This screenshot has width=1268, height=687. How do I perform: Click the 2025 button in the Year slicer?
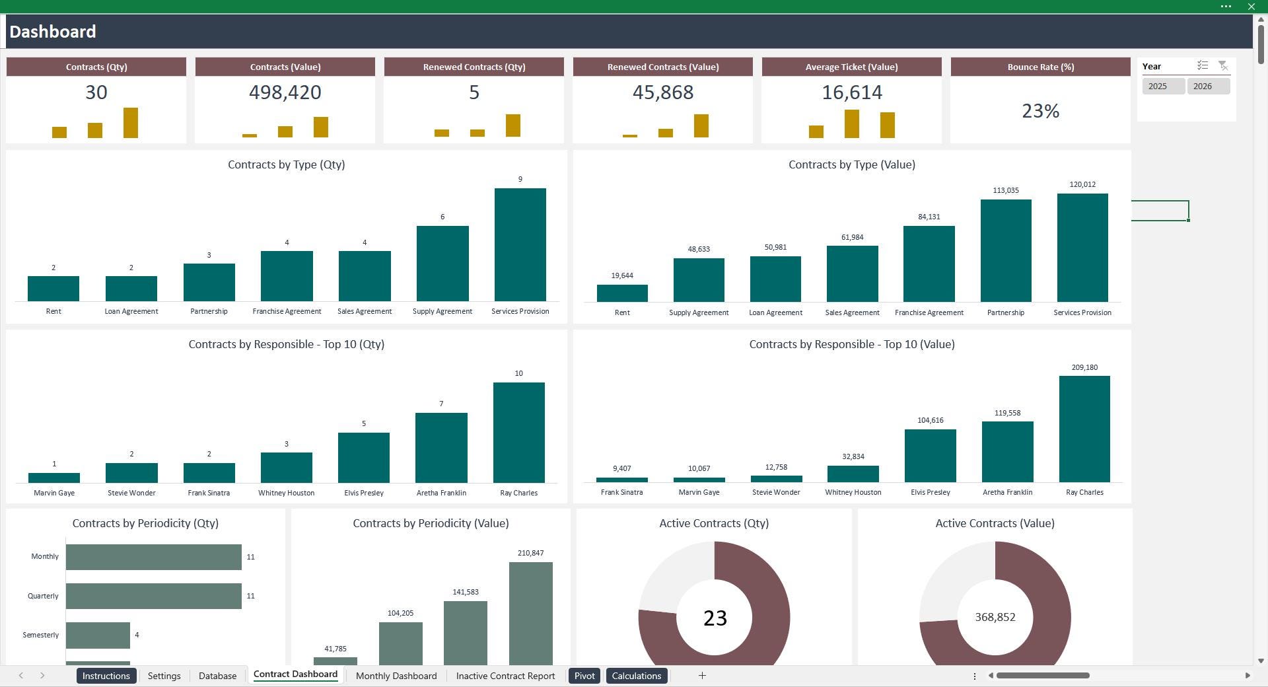(1162, 87)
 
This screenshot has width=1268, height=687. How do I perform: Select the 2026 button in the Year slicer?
(1207, 87)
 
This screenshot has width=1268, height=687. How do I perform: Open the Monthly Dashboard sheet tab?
(396, 676)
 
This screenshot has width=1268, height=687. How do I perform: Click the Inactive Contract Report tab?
(505, 676)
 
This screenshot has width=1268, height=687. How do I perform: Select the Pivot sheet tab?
(584, 676)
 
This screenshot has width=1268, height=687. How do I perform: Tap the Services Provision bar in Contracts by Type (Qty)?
(520, 245)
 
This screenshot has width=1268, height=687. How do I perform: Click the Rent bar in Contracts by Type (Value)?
(621, 293)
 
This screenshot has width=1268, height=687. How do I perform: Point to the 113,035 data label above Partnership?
(1005, 190)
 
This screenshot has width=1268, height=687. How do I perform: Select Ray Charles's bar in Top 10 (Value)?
(1084, 429)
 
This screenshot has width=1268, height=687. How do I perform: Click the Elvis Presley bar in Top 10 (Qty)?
(363, 458)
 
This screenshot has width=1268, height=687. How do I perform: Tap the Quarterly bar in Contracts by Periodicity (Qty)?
(153, 596)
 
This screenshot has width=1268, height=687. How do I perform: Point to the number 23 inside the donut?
(715, 618)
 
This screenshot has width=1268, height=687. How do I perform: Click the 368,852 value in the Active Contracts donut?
(995, 617)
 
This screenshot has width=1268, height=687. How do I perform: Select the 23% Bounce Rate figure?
(1040, 111)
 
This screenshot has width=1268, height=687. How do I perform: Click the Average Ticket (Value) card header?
(851, 67)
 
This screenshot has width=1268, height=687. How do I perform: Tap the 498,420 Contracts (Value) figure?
(285, 92)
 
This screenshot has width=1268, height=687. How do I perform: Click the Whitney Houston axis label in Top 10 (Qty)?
(286, 493)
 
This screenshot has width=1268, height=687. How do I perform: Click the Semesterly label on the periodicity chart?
(41, 635)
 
